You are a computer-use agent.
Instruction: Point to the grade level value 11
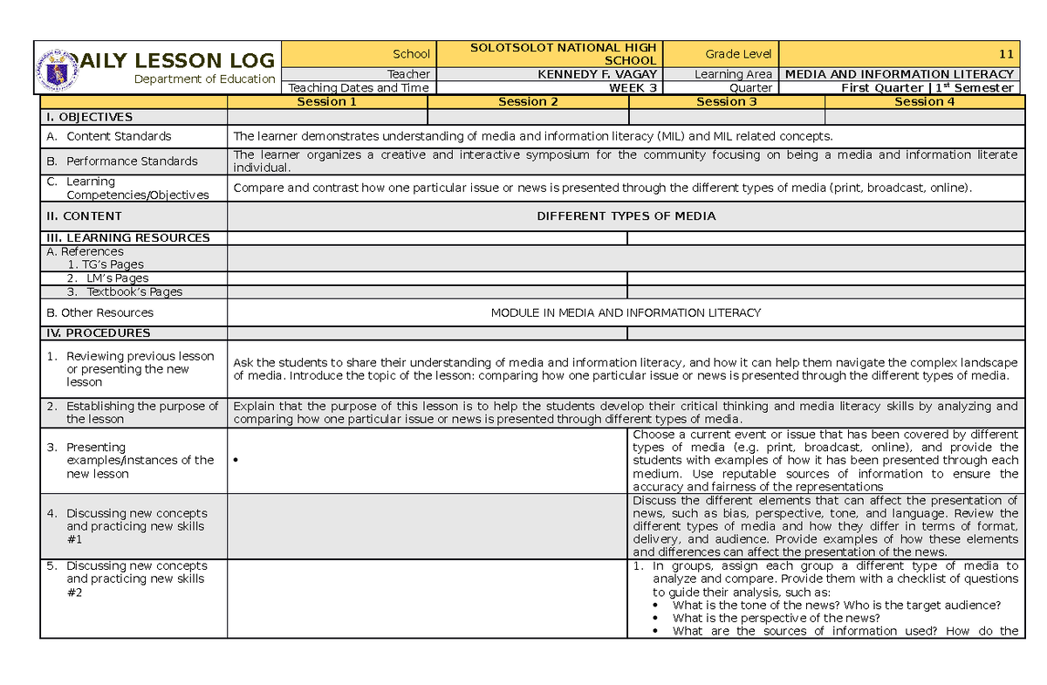coord(1006,54)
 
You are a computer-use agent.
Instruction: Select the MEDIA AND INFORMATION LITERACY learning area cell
coord(900,74)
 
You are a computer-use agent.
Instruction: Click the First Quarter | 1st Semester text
coord(927,87)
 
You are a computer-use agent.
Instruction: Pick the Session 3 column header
coord(726,101)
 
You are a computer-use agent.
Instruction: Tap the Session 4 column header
coord(924,101)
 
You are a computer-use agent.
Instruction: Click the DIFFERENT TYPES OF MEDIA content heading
coord(626,216)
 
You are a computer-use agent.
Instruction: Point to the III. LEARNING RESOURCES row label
coord(127,237)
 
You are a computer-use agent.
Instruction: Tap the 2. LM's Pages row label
coord(108,278)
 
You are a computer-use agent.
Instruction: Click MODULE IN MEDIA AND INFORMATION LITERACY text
coord(626,312)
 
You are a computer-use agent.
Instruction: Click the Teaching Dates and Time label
coord(359,87)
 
